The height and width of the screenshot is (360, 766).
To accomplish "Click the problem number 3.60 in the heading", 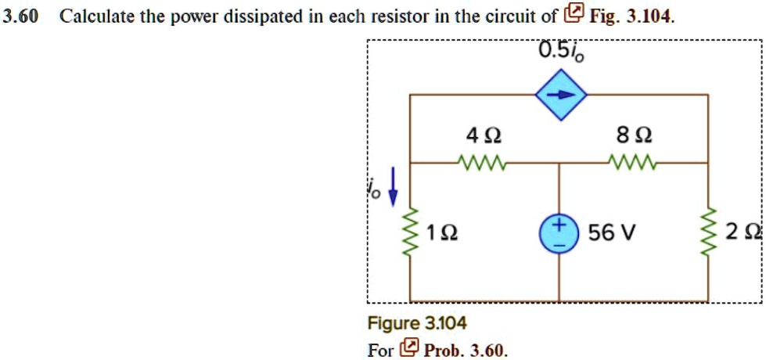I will click(20, 15).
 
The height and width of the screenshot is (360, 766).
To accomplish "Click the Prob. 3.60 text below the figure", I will click(466, 349).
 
